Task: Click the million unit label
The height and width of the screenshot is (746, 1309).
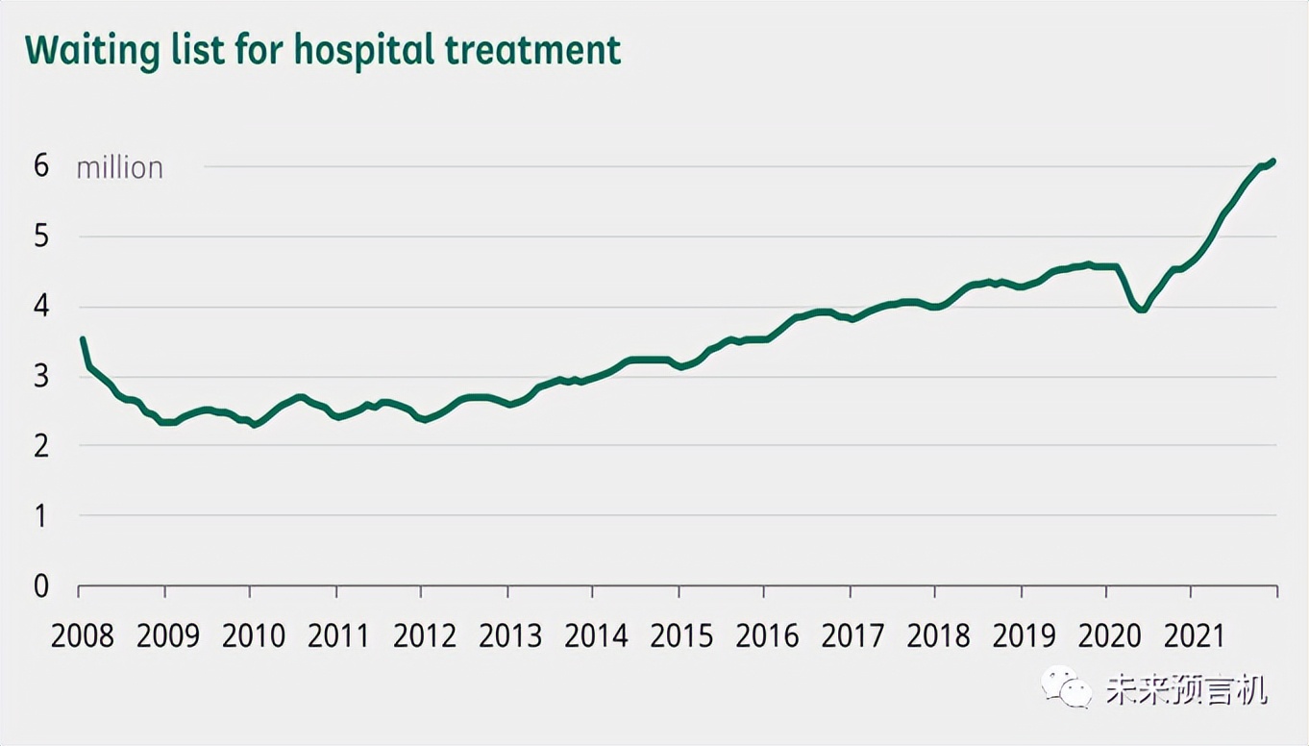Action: click(120, 168)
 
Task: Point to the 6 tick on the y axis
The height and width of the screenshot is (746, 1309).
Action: click(40, 166)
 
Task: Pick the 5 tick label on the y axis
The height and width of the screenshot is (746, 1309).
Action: click(40, 236)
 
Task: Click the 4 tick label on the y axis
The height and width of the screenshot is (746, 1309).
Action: click(40, 307)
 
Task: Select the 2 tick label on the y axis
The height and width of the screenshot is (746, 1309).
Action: click(40, 446)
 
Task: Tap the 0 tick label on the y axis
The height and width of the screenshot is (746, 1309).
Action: click(40, 585)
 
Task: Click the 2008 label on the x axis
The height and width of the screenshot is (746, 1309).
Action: click(83, 635)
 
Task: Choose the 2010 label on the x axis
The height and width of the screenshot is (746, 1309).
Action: click(254, 635)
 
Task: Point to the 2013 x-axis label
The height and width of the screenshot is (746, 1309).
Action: click(510, 635)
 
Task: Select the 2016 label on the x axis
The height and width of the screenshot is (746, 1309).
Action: click(767, 635)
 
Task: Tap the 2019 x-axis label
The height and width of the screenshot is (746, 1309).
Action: click(1024, 635)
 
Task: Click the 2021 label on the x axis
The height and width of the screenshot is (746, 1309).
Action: click(1195, 635)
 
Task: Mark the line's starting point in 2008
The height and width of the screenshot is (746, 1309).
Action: click(83, 339)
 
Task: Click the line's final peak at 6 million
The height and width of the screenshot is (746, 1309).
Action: click(1272, 161)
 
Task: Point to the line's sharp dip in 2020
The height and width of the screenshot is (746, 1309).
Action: click(1141, 310)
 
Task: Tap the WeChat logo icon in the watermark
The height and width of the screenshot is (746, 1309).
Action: click(1065, 686)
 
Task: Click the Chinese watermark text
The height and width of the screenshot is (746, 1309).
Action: click(1186, 688)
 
